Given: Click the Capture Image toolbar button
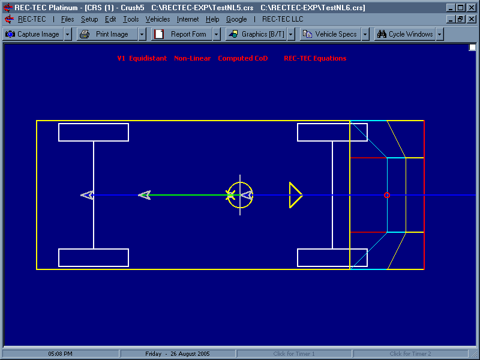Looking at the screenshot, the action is [33, 34].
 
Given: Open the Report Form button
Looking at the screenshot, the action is [182, 34].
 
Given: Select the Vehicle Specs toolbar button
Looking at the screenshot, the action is [331, 34].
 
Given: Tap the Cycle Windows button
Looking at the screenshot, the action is [405, 34].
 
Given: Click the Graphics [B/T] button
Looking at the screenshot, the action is [256, 34].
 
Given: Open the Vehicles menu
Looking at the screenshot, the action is [158, 19].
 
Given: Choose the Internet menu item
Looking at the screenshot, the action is [188, 19].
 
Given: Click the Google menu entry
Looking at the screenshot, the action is [236, 19].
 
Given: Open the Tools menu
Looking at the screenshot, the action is [131, 19].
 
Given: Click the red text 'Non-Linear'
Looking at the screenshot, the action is [192, 58].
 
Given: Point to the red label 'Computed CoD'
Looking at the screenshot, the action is [243, 58].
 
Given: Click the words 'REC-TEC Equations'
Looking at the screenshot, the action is [315, 58].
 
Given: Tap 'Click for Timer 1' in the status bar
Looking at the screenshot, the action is [294, 353].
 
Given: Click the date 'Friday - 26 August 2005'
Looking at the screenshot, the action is [178, 353].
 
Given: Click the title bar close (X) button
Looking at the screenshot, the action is [472, 8].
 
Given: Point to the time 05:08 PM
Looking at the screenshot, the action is [61, 353].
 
